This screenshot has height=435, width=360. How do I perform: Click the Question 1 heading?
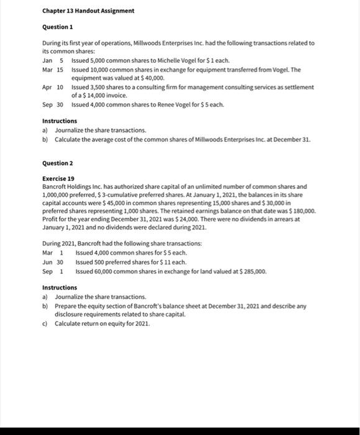57,27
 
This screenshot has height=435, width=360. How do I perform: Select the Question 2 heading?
57,163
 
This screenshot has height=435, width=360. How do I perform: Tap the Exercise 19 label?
58,178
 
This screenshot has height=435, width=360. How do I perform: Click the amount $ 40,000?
150,79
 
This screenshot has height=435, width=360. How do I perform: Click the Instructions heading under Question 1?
60,121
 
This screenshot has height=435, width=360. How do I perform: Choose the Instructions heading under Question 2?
60,288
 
